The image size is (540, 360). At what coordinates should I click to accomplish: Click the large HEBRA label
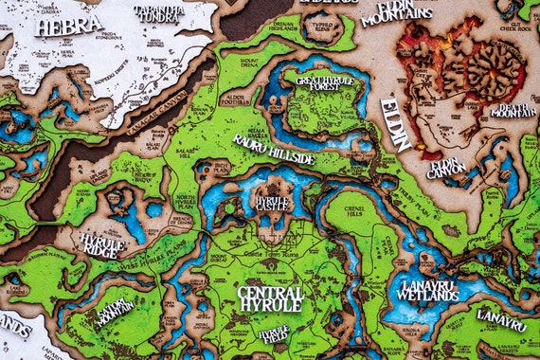point(67,26)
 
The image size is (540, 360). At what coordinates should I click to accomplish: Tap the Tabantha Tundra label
point(158,13)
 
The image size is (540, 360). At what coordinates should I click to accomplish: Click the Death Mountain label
point(513,110)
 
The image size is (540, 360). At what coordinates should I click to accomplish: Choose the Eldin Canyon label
point(445,169)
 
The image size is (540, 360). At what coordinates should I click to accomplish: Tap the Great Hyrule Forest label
point(325,86)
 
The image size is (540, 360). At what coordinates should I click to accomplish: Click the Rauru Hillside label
point(274,149)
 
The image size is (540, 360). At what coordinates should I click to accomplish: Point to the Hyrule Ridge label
point(102,244)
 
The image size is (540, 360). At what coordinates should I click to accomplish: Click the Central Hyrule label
point(270,298)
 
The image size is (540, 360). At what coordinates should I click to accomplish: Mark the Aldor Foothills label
point(236,99)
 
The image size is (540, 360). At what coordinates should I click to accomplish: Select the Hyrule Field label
point(274,333)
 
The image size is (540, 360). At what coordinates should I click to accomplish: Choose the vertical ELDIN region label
point(395,123)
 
